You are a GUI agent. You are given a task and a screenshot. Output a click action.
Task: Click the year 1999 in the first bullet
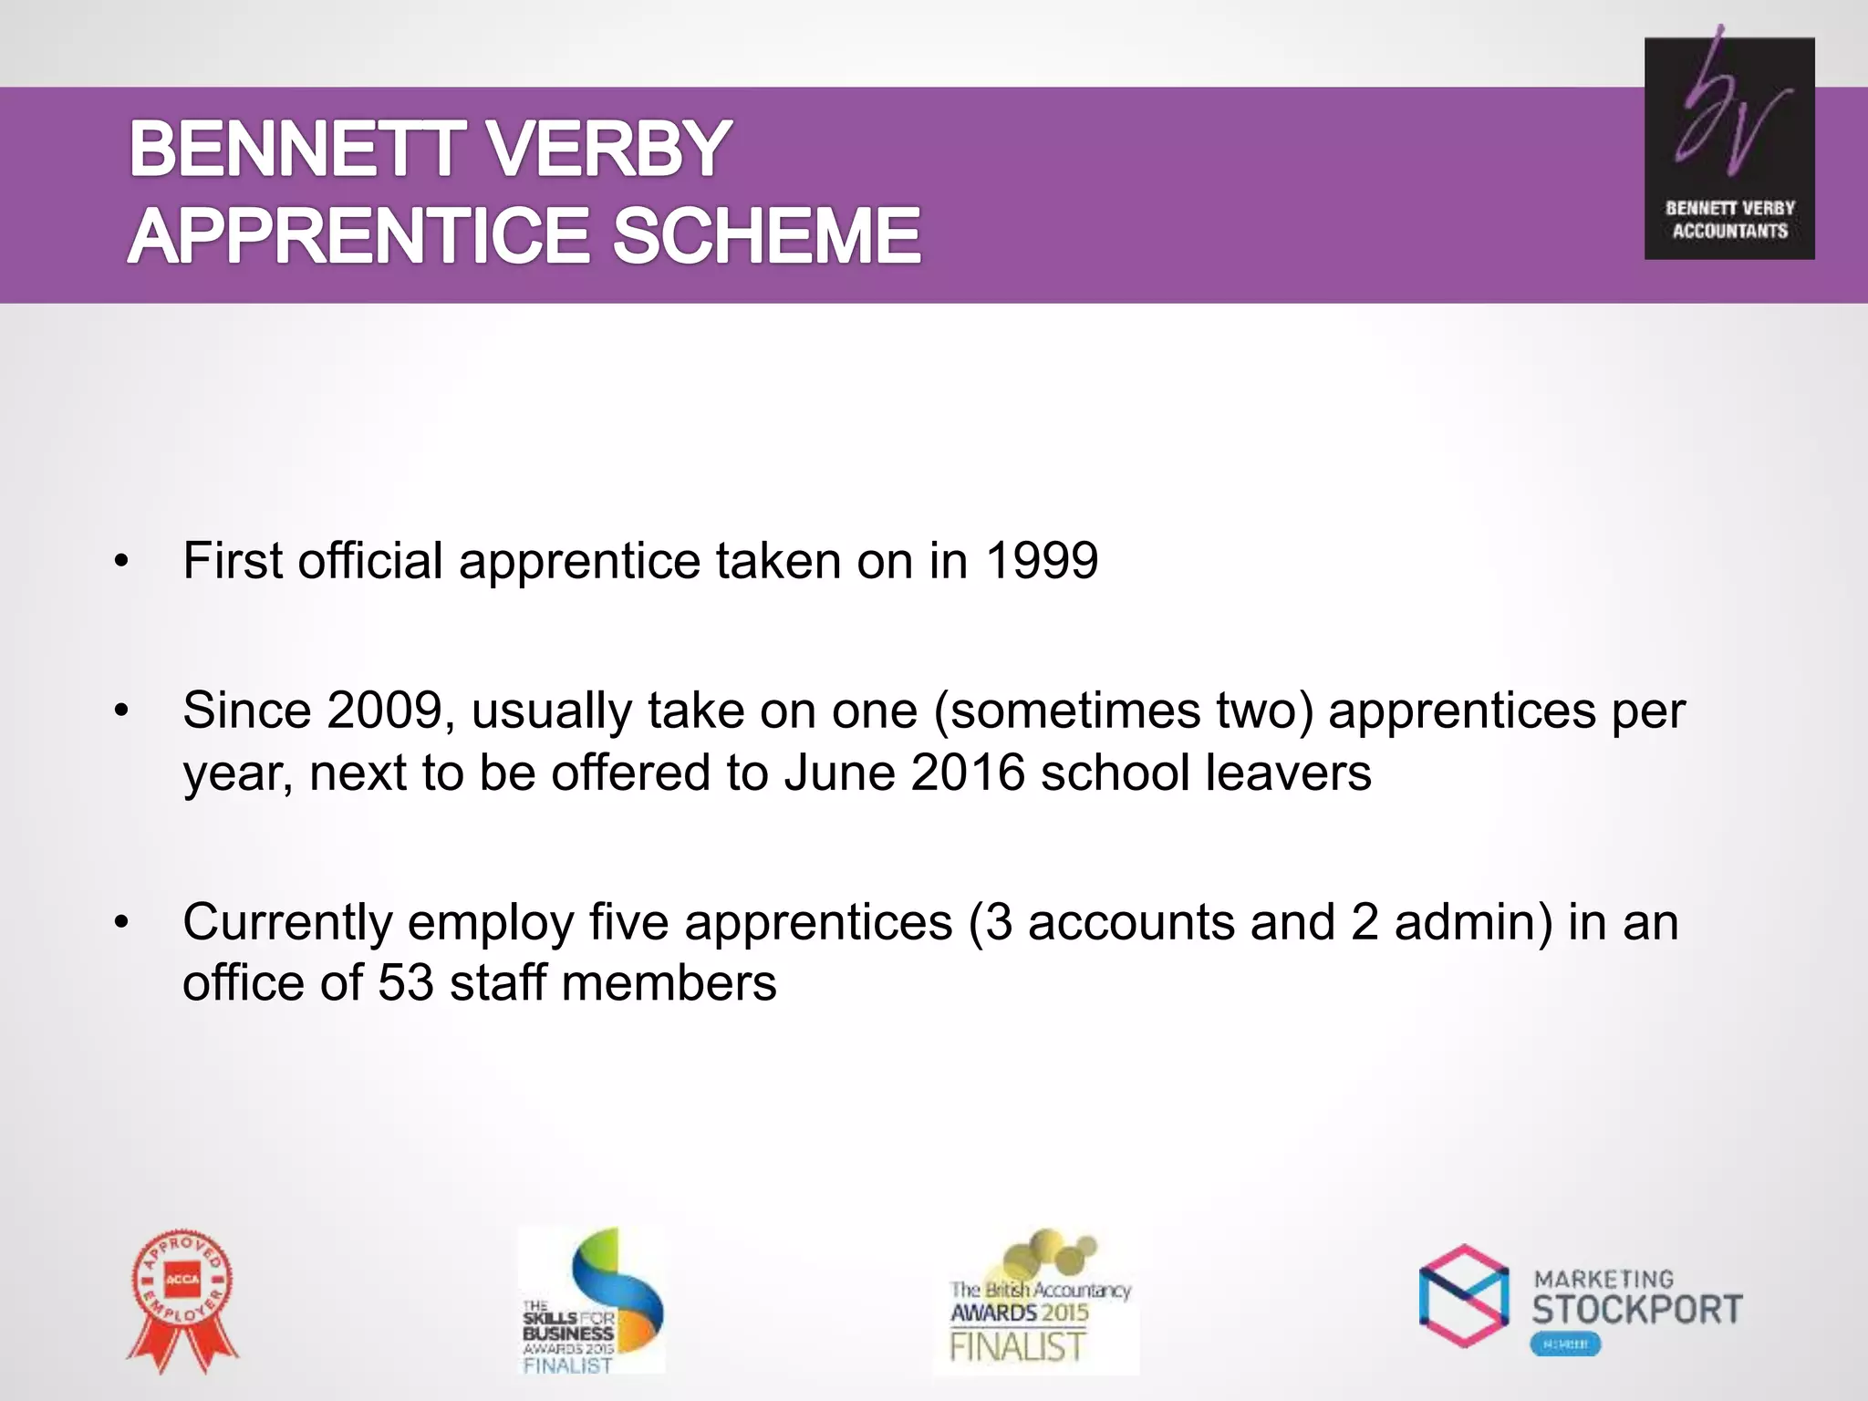(x=1042, y=560)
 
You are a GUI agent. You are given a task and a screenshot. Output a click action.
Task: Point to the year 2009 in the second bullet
(x=384, y=711)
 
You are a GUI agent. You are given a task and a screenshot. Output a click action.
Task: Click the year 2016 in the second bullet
(x=968, y=773)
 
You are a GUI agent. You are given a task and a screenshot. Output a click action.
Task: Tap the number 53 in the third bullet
(x=405, y=983)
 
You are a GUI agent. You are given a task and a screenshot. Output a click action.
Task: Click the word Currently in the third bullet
(x=286, y=923)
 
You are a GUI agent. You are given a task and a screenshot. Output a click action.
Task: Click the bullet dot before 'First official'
(x=121, y=562)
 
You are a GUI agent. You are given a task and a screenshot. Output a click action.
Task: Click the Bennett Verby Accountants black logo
(x=1728, y=149)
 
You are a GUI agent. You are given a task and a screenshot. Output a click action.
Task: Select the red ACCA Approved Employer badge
(x=182, y=1299)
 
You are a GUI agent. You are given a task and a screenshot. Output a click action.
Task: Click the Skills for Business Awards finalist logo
(x=592, y=1301)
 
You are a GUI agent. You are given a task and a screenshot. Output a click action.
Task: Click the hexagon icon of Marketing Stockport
(x=1464, y=1295)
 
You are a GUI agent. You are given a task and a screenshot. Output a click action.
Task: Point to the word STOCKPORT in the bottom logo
(x=1636, y=1310)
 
